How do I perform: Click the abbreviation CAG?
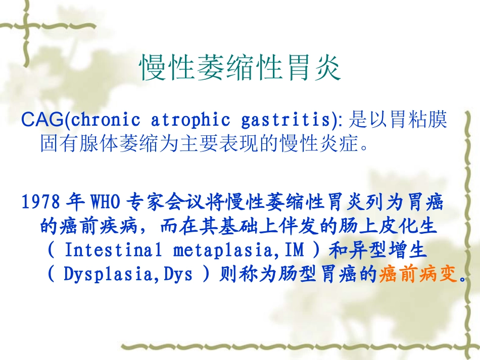pos(44,120)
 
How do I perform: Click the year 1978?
pos(41,202)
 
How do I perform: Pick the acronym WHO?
pos(106,202)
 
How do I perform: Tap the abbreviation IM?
pos(295,250)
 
